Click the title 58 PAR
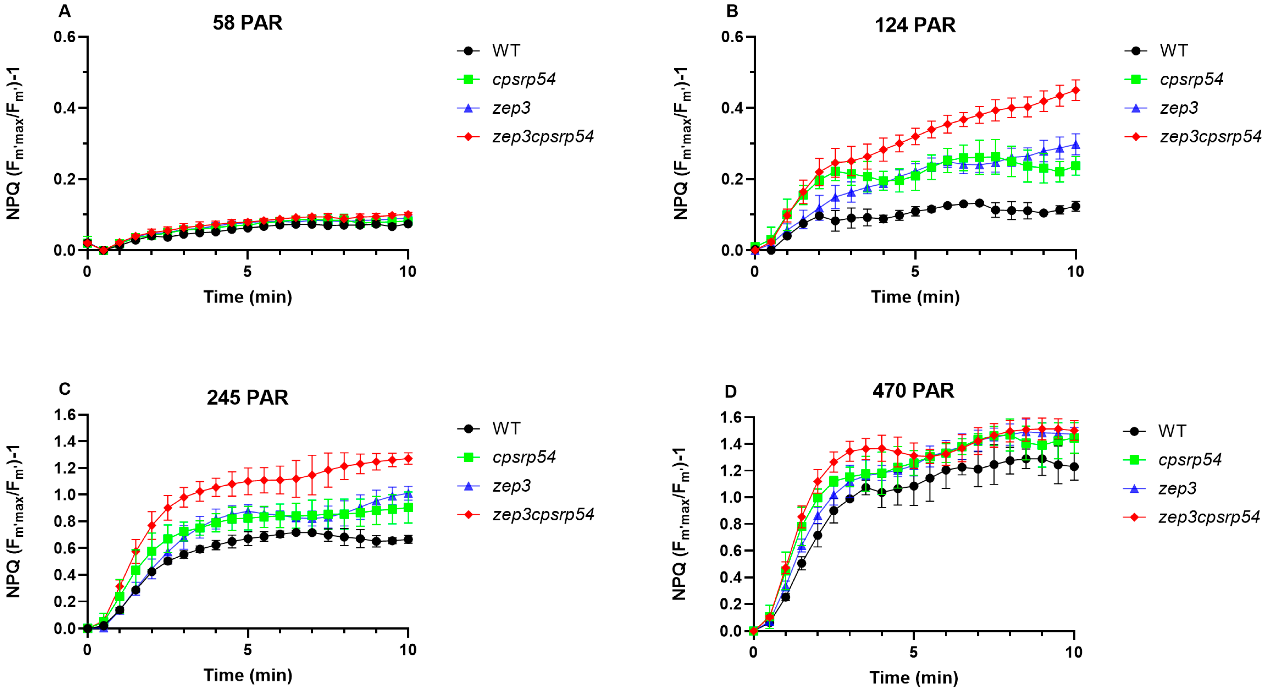tap(248, 23)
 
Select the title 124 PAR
tap(915, 25)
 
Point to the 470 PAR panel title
tap(914, 390)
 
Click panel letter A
tap(64, 11)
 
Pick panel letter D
tap(731, 391)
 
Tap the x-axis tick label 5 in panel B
tap(915, 271)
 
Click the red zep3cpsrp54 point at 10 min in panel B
tap(1075, 90)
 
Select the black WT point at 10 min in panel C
tap(408, 539)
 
